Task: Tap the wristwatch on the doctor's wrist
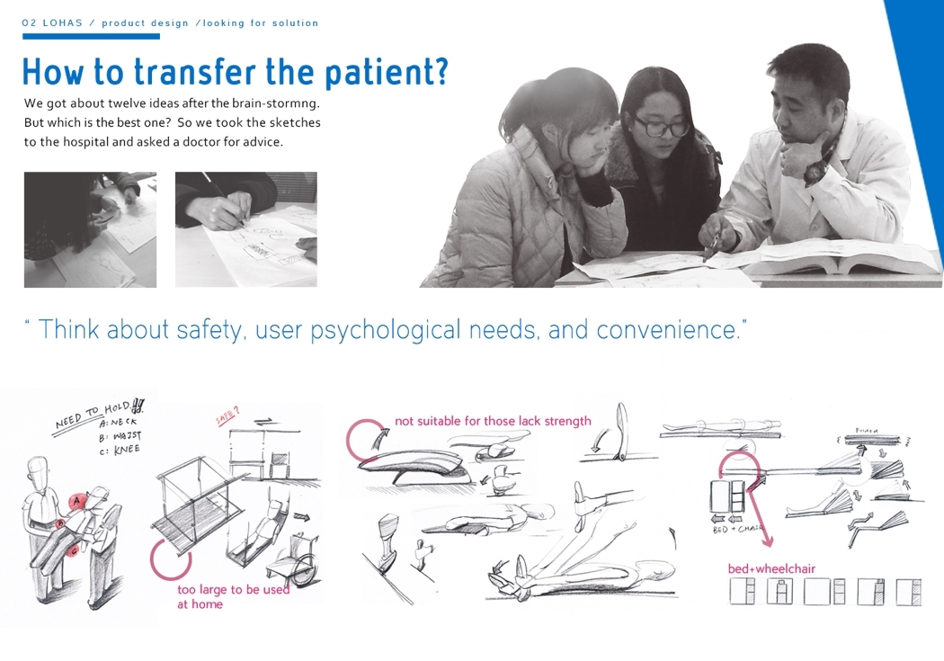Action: [x=815, y=169]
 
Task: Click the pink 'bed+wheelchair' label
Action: [x=771, y=568]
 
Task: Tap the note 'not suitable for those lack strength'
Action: [x=493, y=421]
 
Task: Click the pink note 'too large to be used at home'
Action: [x=232, y=596]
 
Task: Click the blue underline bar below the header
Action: [x=91, y=37]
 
